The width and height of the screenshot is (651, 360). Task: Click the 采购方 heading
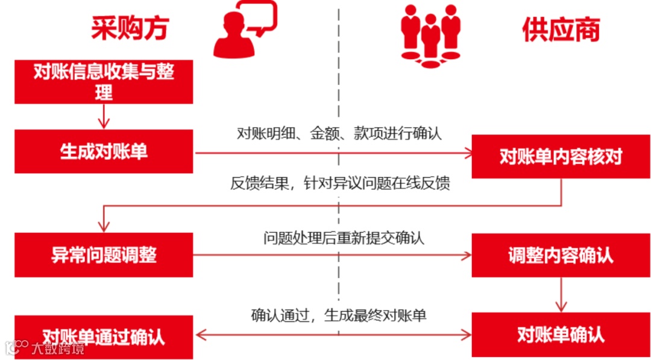click(129, 28)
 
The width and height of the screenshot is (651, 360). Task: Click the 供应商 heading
click(561, 28)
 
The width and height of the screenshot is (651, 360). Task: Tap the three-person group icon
click(430, 35)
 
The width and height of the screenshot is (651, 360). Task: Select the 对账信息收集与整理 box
click(104, 82)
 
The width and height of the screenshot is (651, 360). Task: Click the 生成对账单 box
click(104, 151)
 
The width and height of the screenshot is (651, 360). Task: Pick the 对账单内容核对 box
click(561, 156)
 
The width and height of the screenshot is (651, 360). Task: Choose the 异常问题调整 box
click(104, 254)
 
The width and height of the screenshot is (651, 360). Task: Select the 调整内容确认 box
click(561, 254)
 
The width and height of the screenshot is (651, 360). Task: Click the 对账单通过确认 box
click(104, 336)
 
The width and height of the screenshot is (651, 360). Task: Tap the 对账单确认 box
click(561, 335)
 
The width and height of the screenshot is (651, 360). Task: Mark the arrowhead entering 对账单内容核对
click(468, 154)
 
